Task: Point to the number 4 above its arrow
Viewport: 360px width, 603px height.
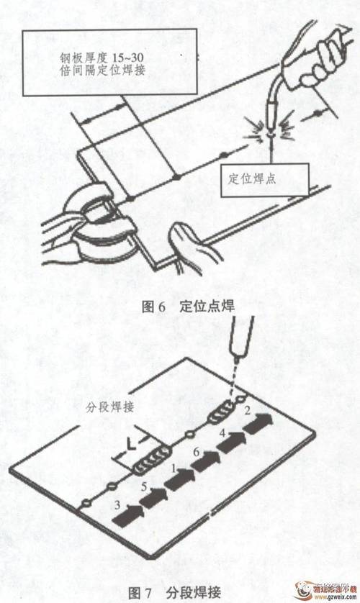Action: (223, 433)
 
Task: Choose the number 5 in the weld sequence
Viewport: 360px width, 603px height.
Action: (145, 486)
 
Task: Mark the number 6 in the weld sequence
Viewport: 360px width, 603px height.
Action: (196, 451)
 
